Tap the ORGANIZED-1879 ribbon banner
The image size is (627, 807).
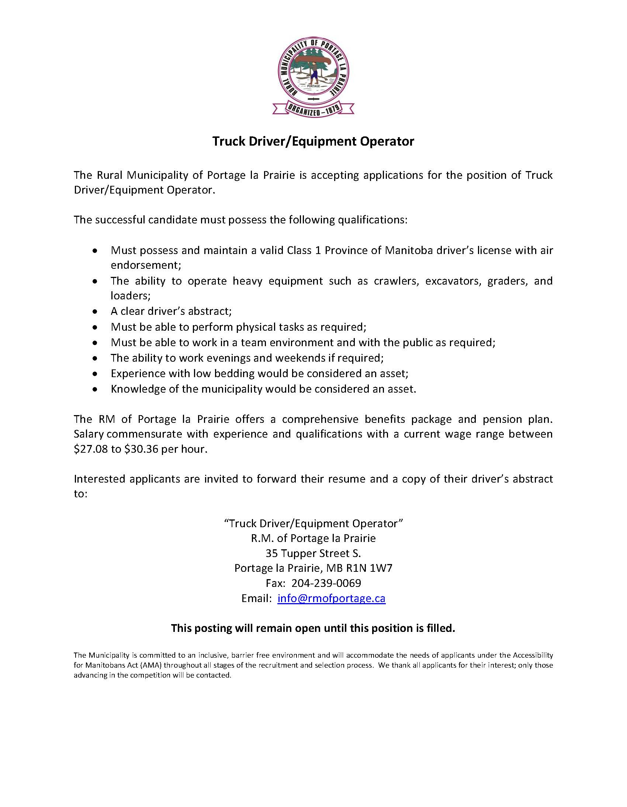[313, 110]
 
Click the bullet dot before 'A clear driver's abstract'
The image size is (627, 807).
[96, 312]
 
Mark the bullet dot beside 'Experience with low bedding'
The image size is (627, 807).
[96, 374]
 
